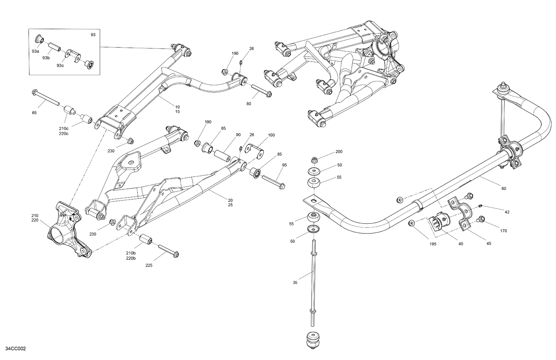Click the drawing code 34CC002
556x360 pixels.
pos(16,349)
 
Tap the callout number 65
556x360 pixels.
pos(34,113)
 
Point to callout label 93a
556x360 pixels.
pos(35,51)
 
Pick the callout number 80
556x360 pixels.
pos(248,104)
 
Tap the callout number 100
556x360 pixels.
pos(271,135)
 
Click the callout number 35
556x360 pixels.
pos(295,283)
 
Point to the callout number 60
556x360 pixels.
pos(504,189)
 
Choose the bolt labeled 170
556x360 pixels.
pos(481,219)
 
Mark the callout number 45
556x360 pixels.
pos(489,243)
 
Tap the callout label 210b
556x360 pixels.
pos(130,253)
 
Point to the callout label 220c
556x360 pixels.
pos(63,133)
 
